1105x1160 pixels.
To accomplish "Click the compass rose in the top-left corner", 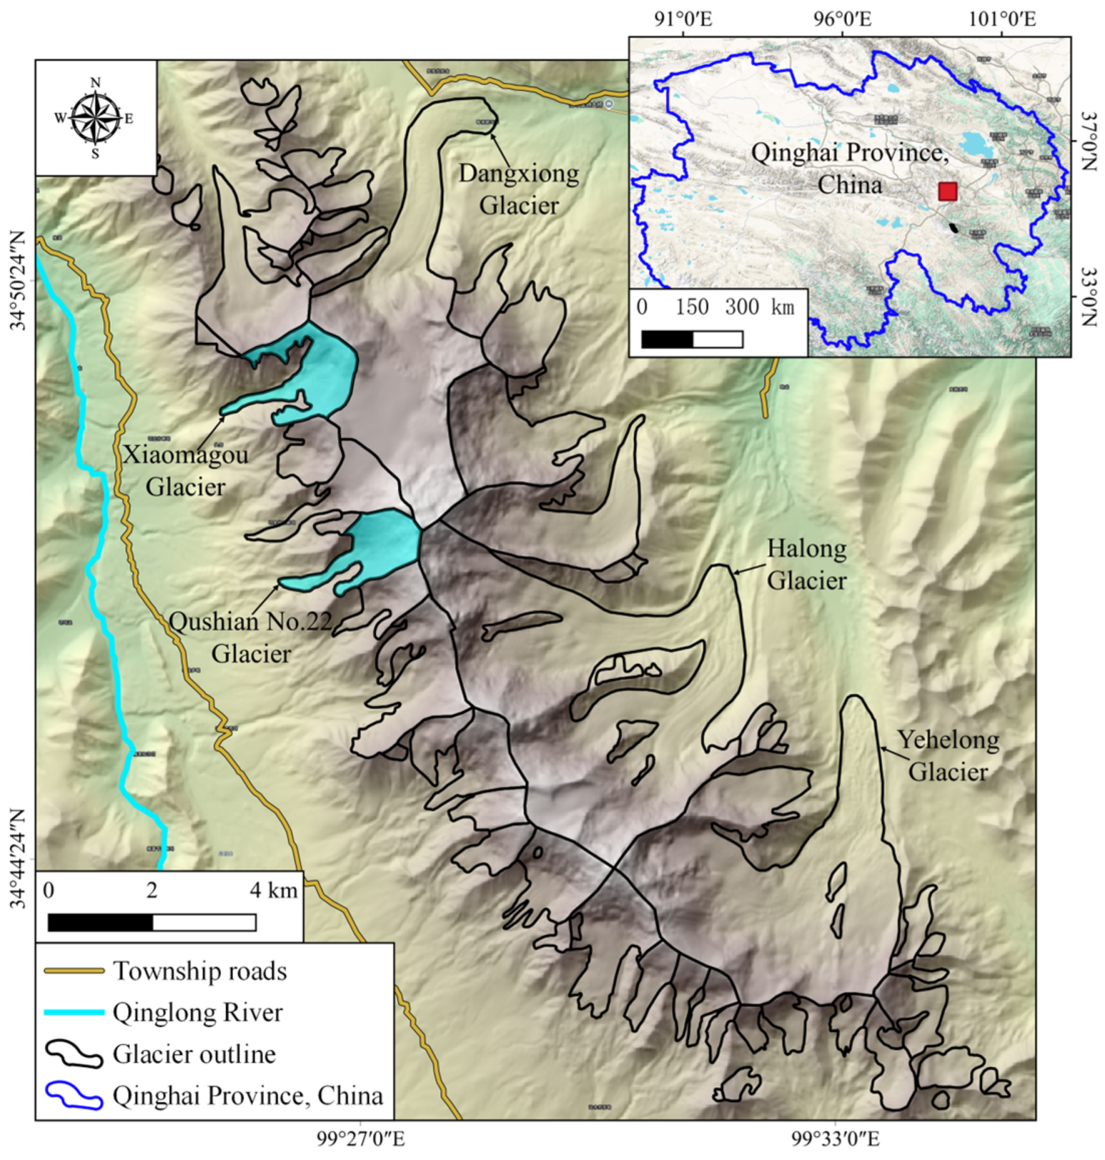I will [95, 118].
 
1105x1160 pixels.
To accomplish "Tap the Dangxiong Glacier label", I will [518, 189].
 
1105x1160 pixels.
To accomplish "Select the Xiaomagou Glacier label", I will [185, 470].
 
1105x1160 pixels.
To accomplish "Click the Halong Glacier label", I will [807, 564].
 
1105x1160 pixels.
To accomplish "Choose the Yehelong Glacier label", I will [948, 756].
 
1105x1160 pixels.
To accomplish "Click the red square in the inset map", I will [947, 191].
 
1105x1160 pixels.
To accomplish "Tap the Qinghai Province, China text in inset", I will [849, 168].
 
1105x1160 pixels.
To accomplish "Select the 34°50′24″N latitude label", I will [19, 280].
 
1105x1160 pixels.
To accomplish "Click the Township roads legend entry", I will [199, 971].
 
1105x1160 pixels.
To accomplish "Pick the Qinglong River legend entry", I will [197, 1013].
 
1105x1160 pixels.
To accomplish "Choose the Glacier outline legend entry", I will [194, 1054].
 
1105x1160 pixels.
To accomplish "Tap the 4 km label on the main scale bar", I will [273, 890].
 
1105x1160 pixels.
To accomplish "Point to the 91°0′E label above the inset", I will [683, 19].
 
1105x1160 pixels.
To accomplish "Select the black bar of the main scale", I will [100, 922].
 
